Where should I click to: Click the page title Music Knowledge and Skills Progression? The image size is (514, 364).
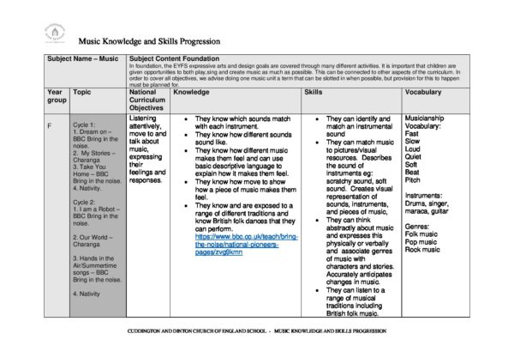click(149, 40)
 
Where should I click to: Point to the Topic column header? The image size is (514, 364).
click(82, 91)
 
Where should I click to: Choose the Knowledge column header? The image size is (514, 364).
click(191, 91)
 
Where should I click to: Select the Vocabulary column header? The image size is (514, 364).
click(423, 91)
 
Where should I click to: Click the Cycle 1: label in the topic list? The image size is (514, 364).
click(84, 124)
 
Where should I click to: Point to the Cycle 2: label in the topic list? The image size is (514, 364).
click(84, 203)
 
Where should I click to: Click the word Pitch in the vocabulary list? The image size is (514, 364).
click(413, 180)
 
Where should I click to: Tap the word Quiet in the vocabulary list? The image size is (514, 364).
click(414, 157)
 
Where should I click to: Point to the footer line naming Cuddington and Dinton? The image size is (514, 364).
click(256, 330)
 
